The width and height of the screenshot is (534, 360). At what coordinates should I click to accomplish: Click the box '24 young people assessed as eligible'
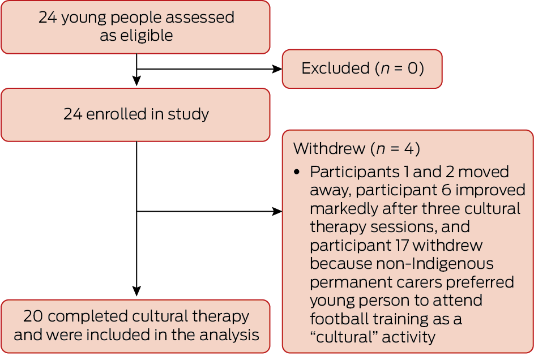pos(135,27)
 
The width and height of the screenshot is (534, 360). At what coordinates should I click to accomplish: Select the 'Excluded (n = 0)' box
pos(362,68)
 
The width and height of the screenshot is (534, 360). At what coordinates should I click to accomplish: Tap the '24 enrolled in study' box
pos(135,114)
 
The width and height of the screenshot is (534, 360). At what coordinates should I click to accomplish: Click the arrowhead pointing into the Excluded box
pos(277,69)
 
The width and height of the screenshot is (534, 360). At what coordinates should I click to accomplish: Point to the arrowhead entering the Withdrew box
pos(277,212)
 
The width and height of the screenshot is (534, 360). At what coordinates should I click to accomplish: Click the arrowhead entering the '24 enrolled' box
pos(136,82)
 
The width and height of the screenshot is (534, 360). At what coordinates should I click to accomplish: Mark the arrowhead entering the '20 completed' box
pos(136,292)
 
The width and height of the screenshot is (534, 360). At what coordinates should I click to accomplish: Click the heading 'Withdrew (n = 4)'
pos(356,149)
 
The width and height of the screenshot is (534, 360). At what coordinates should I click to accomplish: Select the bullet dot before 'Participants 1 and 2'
pos(297,172)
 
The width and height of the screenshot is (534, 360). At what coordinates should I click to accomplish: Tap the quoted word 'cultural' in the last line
pos(344,337)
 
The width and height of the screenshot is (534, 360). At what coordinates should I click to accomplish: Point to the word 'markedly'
pos(342,208)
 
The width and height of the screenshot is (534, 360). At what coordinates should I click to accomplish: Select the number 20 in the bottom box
pos(33,316)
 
